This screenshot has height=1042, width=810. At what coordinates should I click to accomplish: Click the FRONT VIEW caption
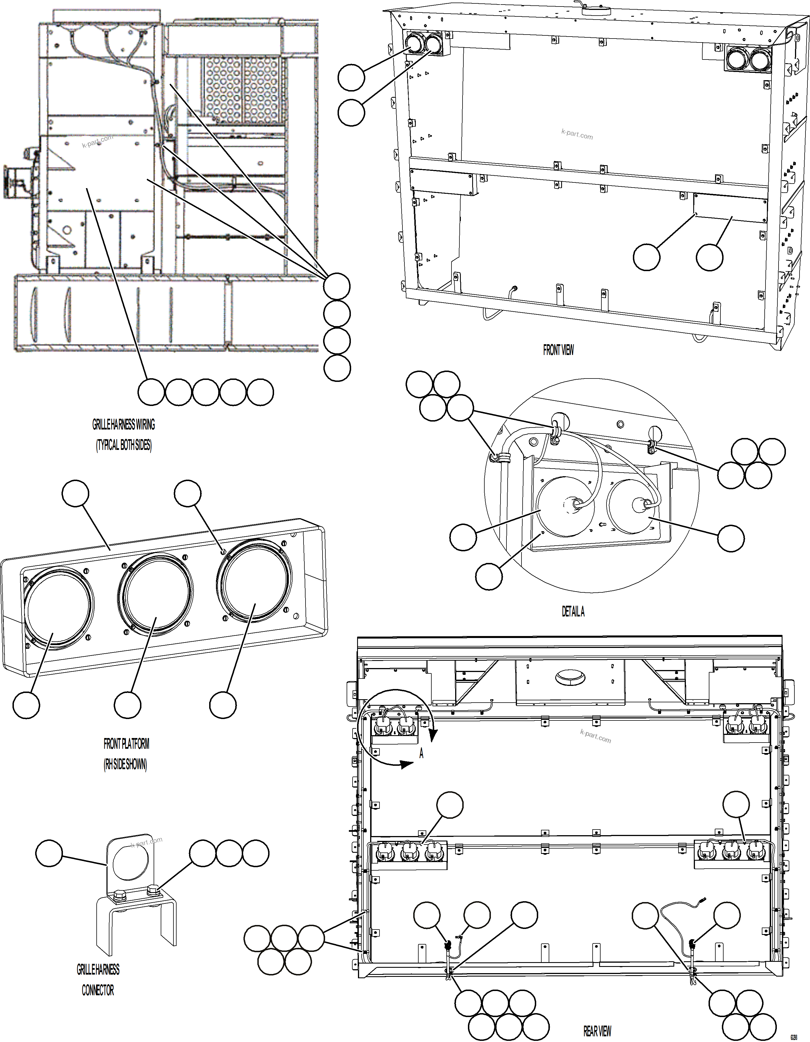pos(558,350)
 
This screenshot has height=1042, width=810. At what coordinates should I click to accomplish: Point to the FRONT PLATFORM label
pos(126,744)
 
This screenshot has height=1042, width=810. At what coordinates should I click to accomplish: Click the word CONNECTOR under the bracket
pos(97,990)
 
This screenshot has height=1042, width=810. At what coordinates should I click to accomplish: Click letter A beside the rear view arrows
pos(421,753)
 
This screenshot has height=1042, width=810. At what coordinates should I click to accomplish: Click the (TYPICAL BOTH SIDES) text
pos(124,445)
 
